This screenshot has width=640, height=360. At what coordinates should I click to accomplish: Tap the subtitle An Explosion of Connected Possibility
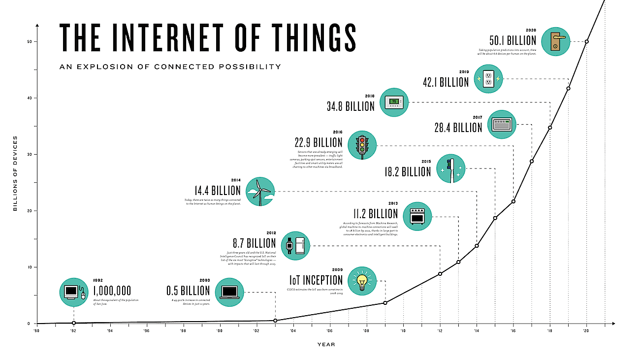170,66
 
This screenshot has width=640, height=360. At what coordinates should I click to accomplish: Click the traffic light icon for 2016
362,145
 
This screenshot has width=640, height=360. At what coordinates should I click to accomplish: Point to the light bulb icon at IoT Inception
362,281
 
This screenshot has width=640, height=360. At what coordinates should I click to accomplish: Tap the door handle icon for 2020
555,42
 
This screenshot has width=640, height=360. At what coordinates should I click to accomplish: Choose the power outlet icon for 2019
489,79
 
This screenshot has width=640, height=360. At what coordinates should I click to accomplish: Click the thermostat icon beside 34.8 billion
394,102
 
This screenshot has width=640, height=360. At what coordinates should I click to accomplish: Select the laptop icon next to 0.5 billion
229,292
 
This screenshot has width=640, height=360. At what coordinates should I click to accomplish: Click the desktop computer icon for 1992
73,292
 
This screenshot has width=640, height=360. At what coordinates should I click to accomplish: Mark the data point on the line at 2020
586,41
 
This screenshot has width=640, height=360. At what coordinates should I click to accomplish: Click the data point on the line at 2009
385,302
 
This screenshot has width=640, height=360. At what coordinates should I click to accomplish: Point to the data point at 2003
275,321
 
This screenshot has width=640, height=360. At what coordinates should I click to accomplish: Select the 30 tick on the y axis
29,155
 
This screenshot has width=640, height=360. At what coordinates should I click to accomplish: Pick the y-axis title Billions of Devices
15,174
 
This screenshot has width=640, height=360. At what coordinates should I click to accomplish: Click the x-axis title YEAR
326,344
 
